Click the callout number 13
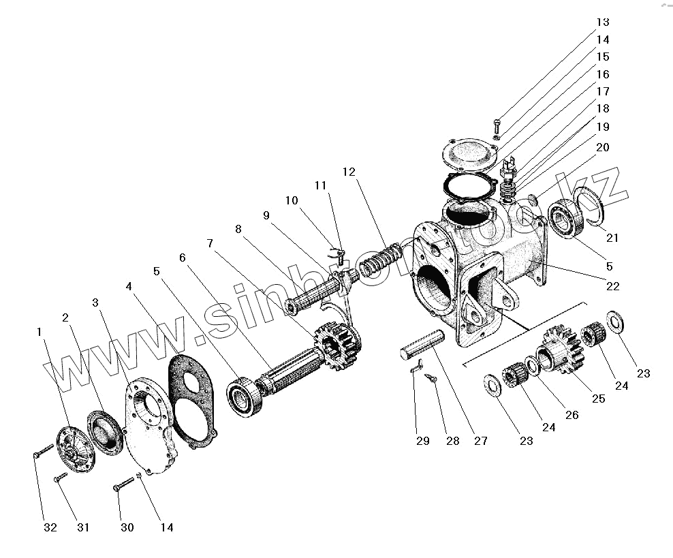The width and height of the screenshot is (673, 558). [604, 22]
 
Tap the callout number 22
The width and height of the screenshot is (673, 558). [613, 286]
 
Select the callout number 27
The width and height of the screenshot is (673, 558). [481, 441]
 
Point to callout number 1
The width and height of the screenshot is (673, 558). [40, 331]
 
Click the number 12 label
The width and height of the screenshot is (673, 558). [349, 172]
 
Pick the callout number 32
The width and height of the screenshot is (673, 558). [51, 527]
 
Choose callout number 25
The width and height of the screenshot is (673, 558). [598, 399]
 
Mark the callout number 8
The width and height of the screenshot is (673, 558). [238, 230]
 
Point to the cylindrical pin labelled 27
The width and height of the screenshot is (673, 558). [422, 343]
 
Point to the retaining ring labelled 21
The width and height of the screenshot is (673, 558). [591, 208]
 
